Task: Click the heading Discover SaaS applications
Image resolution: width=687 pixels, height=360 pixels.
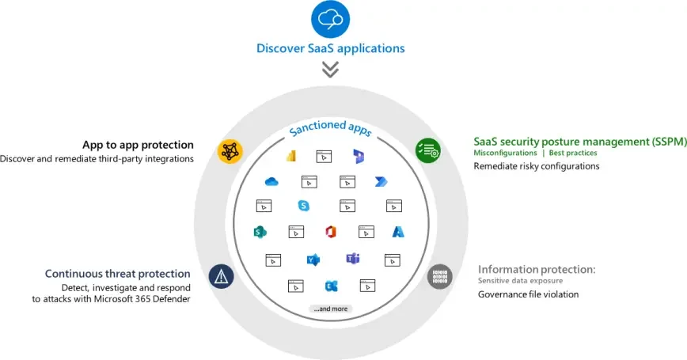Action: [x=330, y=48]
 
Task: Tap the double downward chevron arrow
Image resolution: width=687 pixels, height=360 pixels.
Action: [x=330, y=70]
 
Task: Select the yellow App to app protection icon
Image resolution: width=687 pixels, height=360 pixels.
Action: [x=230, y=150]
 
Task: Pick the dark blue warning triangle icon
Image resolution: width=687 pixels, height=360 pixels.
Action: [x=222, y=275]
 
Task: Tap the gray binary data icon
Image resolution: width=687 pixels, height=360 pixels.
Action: [x=439, y=276]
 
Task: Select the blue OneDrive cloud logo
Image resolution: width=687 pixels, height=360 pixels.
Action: [x=271, y=182]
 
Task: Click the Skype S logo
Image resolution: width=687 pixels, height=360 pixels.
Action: [x=304, y=206]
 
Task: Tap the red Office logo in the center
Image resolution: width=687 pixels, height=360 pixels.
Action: [x=330, y=232]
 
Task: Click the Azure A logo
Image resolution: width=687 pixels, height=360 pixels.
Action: [x=398, y=232]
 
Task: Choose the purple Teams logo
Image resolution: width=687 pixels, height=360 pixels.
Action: [x=353, y=259]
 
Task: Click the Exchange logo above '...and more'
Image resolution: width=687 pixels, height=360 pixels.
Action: [x=331, y=286]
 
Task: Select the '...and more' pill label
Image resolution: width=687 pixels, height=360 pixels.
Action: [x=331, y=309]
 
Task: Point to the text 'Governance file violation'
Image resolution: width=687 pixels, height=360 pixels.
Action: [x=528, y=294]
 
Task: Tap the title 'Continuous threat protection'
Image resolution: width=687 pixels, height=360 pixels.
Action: [x=117, y=274]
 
